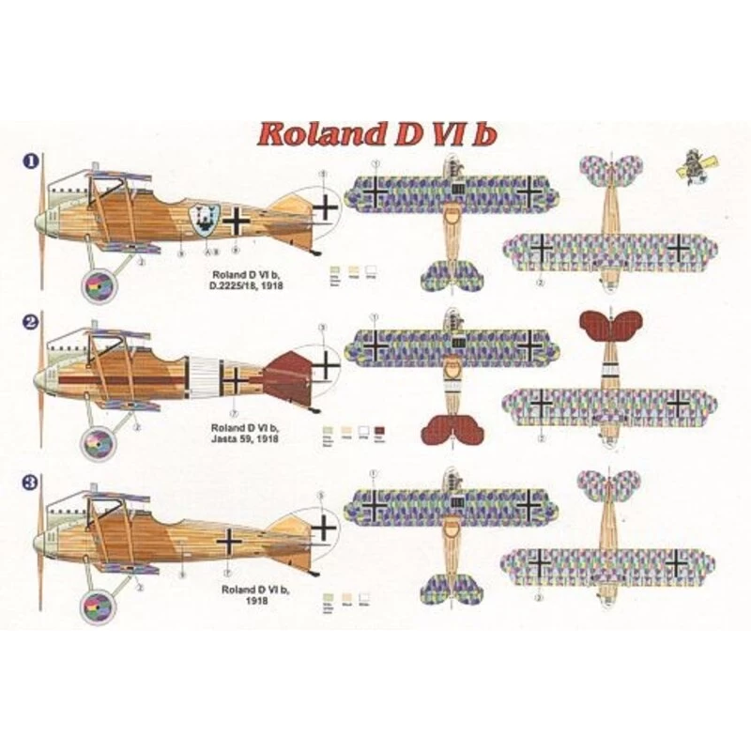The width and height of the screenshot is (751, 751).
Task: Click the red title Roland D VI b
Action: click(377, 132)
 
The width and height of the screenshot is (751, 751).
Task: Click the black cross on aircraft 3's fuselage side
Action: click(231, 539)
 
